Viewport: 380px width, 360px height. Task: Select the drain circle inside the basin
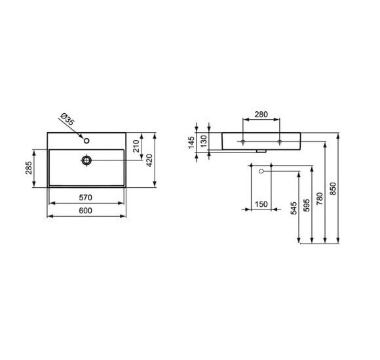pyautogui.click(x=86, y=159)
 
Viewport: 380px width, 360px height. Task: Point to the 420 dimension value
pyautogui.click(x=149, y=160)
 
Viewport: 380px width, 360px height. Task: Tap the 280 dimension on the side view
pyautogui.click(x=261, y=115)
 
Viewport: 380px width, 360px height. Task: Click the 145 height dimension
pyautogui.click(x=193, y=142)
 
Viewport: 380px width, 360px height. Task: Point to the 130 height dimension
pyautogui.click(x=203, y=141)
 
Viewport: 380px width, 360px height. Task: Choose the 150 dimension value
pyautogui.click(x=261, y=205)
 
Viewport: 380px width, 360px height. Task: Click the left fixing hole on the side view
pyautogui.click(x=242, y=141)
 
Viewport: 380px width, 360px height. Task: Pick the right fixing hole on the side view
pyautogui.click(x=280, y=141)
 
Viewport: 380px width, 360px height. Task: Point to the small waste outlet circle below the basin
pyautogui.click(x=261, y=171)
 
